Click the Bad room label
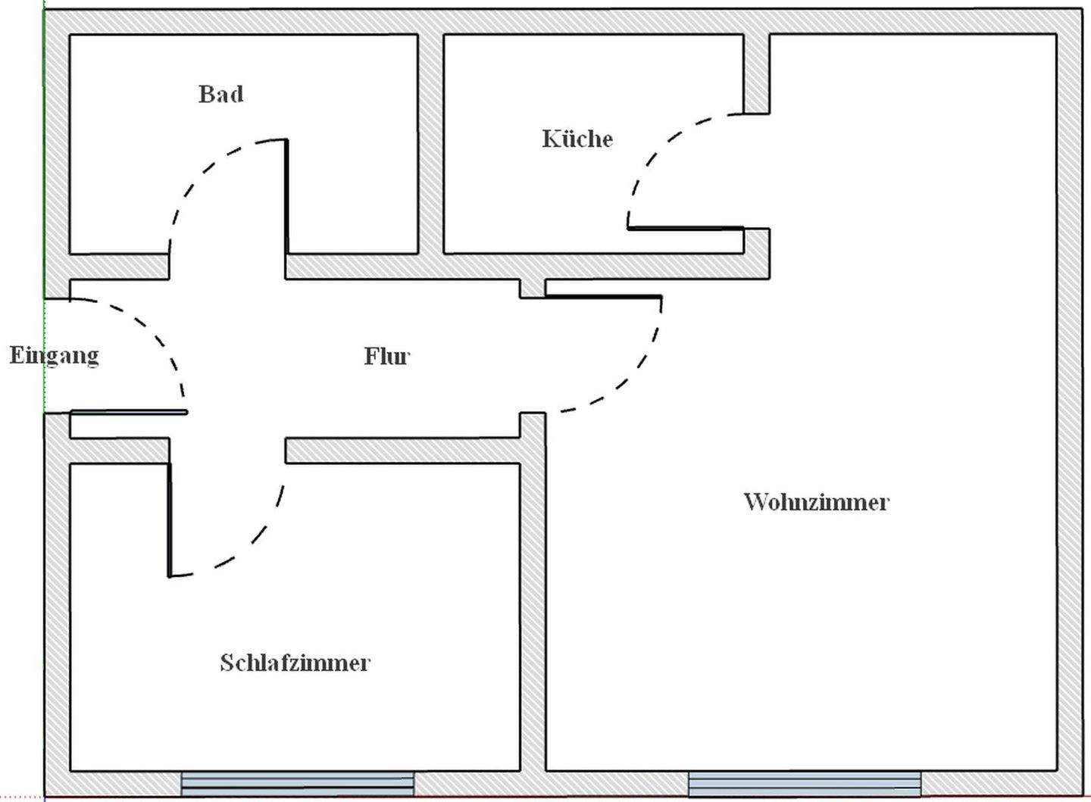pyautogui.click(x=221, y=94)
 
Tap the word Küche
pyautogui.click(x=577, y=139)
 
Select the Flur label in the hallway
pyautogui.click(x=386, y=356)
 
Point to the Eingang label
pyautogui.click(x=54, y=354)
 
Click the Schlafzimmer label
pyautogui.click(x=295, y=663)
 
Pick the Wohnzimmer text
pyautogui.click(x=816, y=501)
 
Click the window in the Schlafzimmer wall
pyautogui.click(x=298, y=784)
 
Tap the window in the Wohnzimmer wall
pyautogui.click(x=805, y=784)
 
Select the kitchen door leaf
pyautogui.click(x=686, y=227)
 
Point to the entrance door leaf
pyautogui.click(x=129, y=412)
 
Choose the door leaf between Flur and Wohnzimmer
pyautogui.click(x=603, y=296)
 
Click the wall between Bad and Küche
pyautogui.click(x=430, y=144)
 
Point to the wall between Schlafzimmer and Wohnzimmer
pyautogui.click(x=533, y=606)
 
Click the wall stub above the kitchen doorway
pyautogui.click(x=756, y=73)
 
